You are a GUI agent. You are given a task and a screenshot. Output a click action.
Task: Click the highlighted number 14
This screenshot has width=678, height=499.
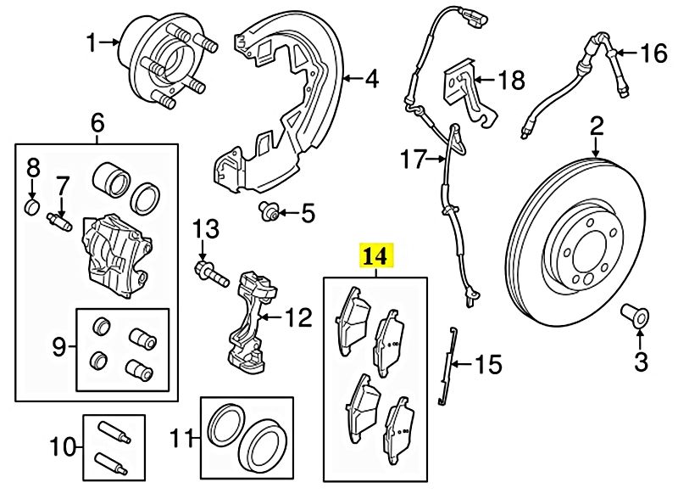[x=376, y=255]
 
